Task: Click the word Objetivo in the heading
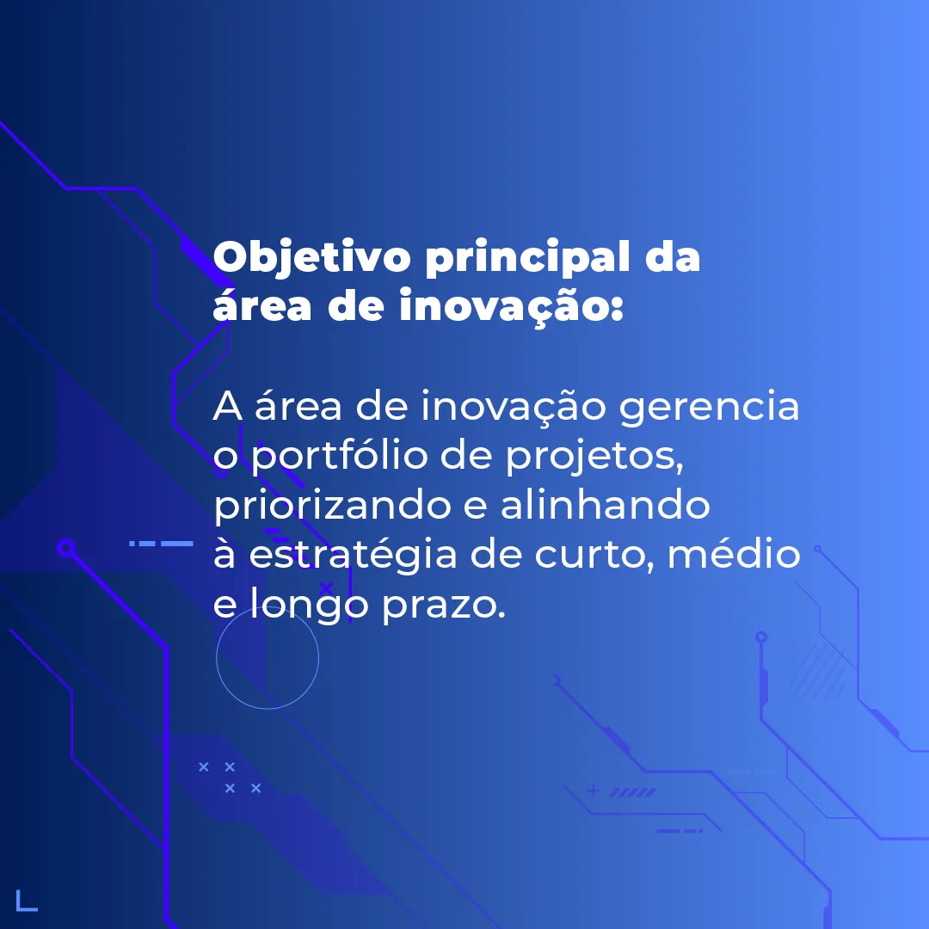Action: point(311,258)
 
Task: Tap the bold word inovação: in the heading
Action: point(511,305)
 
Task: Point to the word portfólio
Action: point(339,456)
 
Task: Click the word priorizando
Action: point(332,506)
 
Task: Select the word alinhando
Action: point(605,504)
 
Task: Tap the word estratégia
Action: point(354,555)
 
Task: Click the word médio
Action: point(734,553)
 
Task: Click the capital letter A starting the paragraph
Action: point(227,406)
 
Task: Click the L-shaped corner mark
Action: point(26,901)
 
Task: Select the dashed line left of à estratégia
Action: point(161,544)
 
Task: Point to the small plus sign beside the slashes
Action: point(593,791)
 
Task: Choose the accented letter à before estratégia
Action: point(224,554)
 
